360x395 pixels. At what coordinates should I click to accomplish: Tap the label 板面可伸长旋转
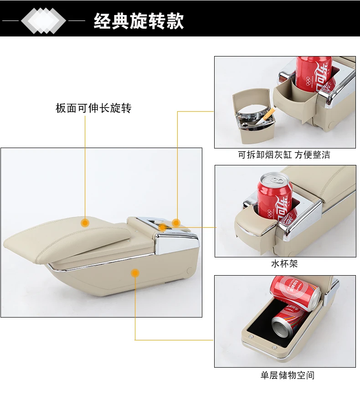click(93, 108)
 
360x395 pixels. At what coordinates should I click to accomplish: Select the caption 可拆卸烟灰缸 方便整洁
click(284, 155)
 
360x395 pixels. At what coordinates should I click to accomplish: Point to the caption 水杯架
click(284, 264)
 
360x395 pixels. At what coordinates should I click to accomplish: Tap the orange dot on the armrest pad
click(85, 223)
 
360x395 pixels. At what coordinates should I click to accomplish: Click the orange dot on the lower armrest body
click(135, 273)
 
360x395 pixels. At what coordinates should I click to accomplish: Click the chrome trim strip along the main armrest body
click(114, 263)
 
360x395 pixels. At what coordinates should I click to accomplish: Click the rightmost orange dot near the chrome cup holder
click(176, 223)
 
